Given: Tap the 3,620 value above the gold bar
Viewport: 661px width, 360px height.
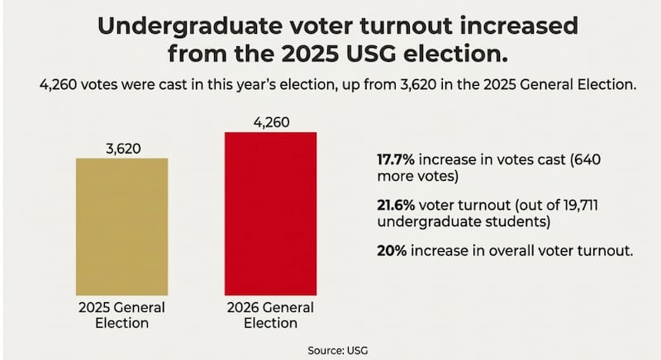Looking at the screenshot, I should (121, 149).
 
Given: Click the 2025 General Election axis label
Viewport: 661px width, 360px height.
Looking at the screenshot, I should (121, 315).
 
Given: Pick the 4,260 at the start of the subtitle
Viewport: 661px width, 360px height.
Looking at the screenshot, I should (47, 85).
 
